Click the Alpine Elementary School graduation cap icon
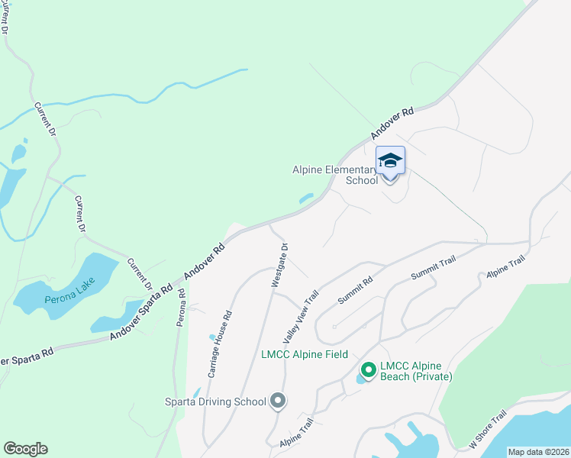click(x=390, y=160)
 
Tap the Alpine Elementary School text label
click(x=335, y=175)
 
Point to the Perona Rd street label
click(x=182, y=308)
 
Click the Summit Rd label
click(x=355, y=291)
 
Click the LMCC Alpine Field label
click(x=305, y=354)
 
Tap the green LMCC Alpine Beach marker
click(x=368, y=370)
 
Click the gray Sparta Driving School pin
click(x=277, y=401)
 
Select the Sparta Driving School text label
click(x=216, y=402)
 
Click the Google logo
click(x=25, y=449)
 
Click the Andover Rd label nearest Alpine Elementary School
click(x=393, y=122)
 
